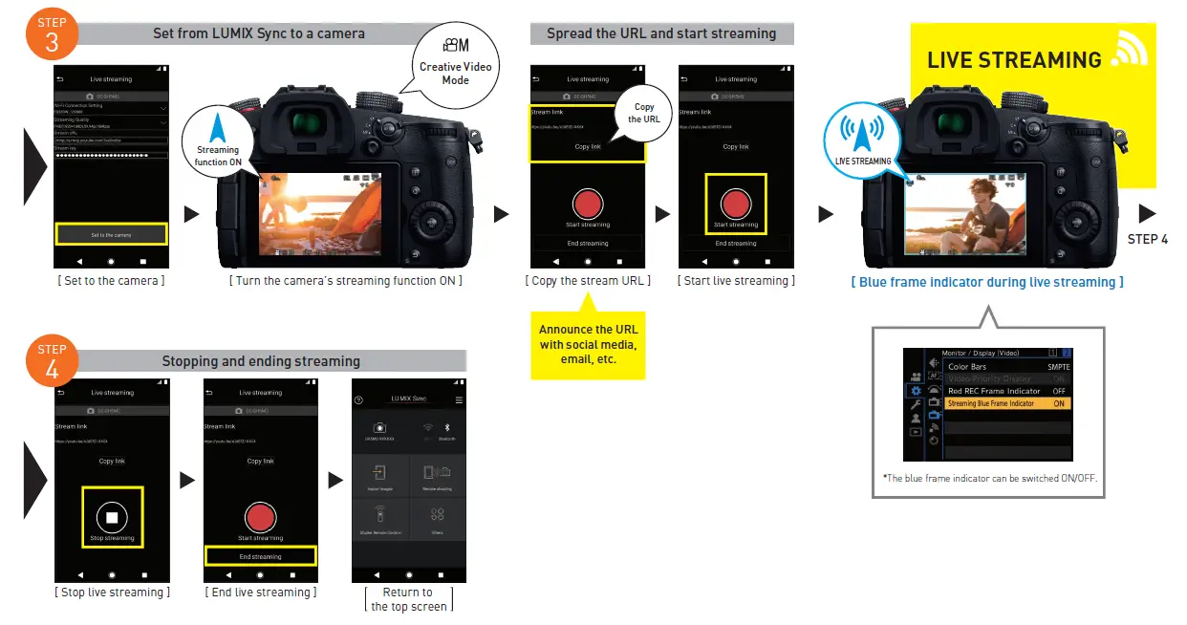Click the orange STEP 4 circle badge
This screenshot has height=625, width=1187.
52,361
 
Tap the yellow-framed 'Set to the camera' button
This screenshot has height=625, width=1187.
112,234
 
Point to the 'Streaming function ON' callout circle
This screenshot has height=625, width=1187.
218,139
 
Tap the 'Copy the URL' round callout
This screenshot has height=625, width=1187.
644,113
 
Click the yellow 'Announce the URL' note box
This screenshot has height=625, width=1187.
588,344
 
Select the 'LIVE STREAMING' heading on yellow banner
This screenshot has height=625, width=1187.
1014,60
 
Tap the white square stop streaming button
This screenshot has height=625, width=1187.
112,517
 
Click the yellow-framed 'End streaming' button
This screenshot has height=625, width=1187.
260,556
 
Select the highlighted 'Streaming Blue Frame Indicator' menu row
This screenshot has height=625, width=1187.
1006,403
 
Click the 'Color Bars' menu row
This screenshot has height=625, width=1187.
1006,366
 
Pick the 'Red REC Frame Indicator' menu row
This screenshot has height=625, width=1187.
1006,391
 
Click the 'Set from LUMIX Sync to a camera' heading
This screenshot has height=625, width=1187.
259,33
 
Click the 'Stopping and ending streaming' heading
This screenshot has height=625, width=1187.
261,361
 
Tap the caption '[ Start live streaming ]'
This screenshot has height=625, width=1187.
736,281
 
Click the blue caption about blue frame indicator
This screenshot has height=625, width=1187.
987,282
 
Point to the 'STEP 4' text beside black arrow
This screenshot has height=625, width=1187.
1147,239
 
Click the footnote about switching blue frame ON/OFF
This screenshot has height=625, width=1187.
988,478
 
